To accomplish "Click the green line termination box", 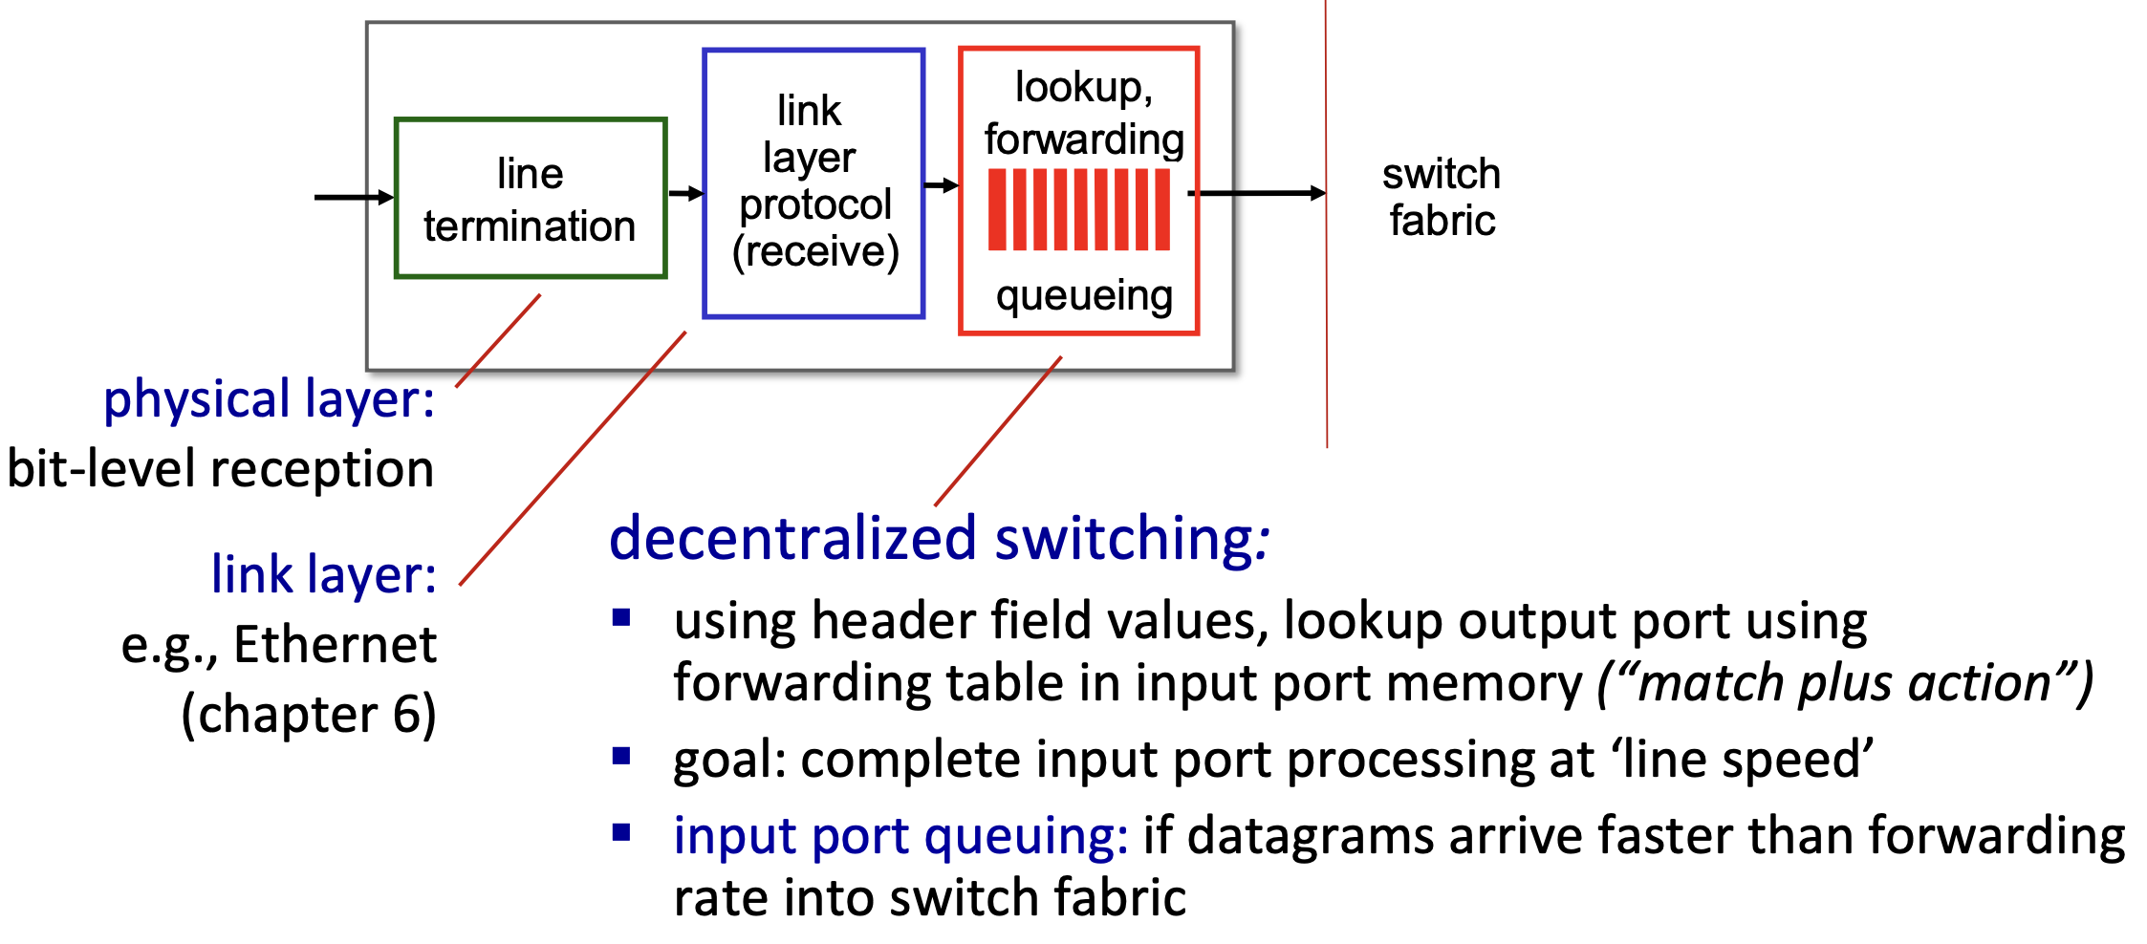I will coord(531,199).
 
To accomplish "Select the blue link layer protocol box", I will coord(813,182).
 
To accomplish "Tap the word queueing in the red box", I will coord(1084,296).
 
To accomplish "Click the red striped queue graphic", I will coord(1079,210).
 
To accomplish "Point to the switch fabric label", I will coord(1442,197).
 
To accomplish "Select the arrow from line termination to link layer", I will coord(685,194).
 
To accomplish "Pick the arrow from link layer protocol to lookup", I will coord(942,185).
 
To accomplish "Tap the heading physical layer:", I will coord(269,399).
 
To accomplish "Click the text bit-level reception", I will coord(221,469).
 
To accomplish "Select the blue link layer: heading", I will coord(323,574).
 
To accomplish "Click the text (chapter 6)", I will coord(309,715).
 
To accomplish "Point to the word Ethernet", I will coord(335,645).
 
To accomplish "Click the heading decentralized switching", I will coord(937,538).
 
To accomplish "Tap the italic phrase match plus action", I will coord(1845,684).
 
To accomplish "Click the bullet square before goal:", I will coord(622,757).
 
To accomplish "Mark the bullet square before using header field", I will coord(622,617).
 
